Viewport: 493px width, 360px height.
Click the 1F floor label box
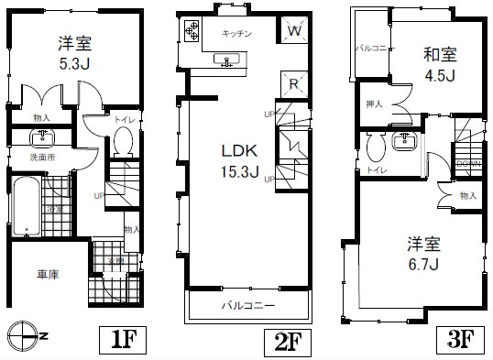(x=123, y=341)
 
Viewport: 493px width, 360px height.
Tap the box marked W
(x=293, y=30)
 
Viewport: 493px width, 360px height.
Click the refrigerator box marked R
(x=292, y=82)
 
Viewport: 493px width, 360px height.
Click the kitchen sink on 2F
(x=227, y=60)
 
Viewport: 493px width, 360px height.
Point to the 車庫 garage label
(x=48, y=275)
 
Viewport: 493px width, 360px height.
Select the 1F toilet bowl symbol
(x=125, y=143)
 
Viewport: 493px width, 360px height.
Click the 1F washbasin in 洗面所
(x=42, y=139)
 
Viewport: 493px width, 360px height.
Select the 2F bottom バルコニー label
(x=246, y=305)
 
